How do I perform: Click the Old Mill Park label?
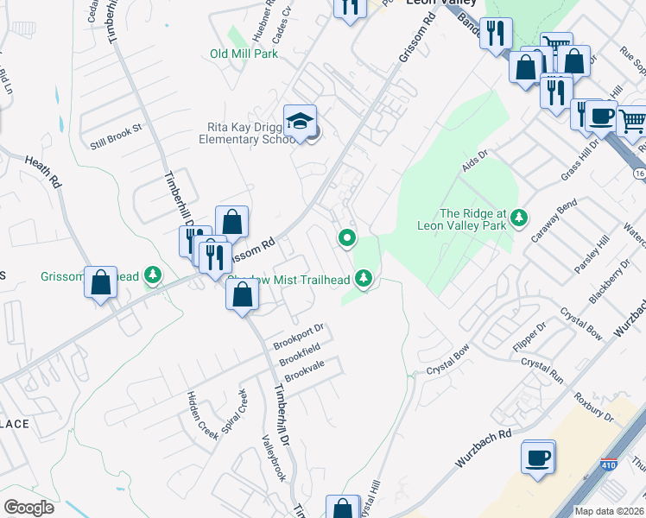(x=244, y=54)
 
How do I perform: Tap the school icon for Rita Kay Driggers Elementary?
(x=300, y=122)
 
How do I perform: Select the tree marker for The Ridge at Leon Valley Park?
(x=518, y=218)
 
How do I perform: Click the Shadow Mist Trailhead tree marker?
(x=364, y=278)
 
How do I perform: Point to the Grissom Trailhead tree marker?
(x=153, y=275)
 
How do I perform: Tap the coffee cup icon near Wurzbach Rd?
(x=537, y=458)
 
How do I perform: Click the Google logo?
(x=28, y=508)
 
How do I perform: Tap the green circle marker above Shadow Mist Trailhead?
(x=347, y=237)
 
